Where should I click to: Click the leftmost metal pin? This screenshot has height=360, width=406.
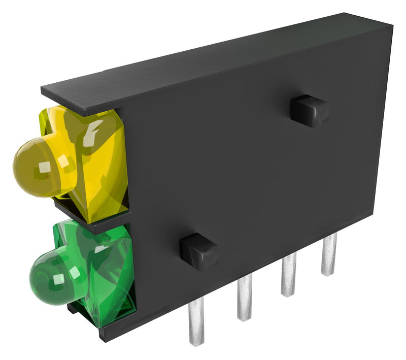click(196, 320)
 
